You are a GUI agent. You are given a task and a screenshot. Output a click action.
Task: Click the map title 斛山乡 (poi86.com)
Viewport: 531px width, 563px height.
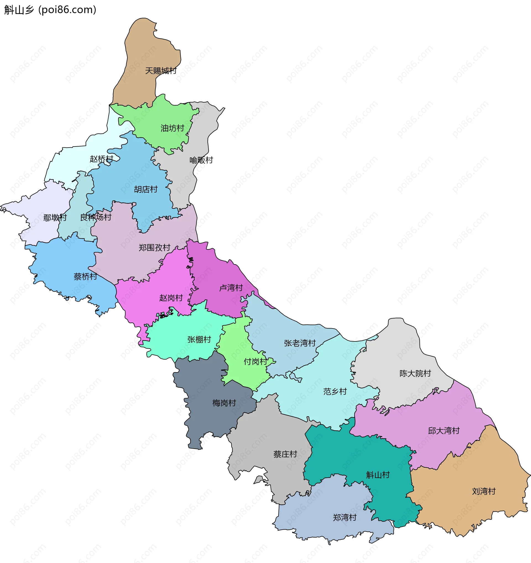[x=50, y=10]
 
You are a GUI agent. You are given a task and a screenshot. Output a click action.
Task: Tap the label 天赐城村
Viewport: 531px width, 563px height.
[x=161, y=71]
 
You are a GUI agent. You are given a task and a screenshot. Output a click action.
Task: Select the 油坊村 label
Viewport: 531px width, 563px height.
[x=172, y=128]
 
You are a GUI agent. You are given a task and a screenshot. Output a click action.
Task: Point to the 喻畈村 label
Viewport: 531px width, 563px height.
[x=201, y=160]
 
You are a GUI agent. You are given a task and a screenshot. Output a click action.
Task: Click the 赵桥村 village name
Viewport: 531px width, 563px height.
[x=101, y=159]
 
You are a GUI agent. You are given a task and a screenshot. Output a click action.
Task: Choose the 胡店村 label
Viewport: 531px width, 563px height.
[x=145, y=189]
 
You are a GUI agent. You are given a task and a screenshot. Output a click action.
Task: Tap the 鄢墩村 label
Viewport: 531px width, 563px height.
[x=55, y=218]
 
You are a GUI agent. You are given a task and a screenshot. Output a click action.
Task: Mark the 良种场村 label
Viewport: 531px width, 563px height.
[x=96, y=217]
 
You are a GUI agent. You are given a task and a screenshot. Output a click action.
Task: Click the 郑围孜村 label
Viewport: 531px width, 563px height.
[x=154, y=248]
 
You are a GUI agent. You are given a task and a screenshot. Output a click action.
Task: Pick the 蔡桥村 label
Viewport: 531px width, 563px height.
[x=85, y=276]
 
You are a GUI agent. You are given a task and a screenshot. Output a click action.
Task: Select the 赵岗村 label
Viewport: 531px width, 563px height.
[x=171, y=298]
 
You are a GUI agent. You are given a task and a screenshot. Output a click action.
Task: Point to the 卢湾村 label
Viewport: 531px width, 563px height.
[x=231, y=288]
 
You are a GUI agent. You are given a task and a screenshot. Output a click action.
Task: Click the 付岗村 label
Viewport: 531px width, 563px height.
[x=255, y=361]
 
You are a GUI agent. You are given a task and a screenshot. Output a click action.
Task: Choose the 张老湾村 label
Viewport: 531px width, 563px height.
[x=300, y=343]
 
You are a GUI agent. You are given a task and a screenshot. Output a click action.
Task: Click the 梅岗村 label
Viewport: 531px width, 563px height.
[x=224, y=403]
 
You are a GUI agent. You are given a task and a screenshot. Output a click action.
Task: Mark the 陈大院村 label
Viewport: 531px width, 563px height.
[x=415, y=373]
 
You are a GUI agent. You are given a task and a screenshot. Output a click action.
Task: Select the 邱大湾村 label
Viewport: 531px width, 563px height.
[x=444, y=431]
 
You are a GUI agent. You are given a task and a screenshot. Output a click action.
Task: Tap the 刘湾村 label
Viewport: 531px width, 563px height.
[x=484, y=491]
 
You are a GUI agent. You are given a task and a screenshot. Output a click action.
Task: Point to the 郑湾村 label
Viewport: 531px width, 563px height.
[x=345, y=518]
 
